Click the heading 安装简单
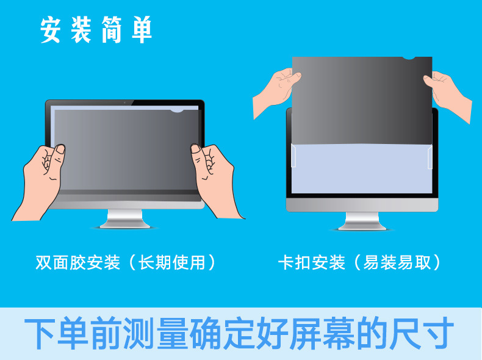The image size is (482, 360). [96, 30]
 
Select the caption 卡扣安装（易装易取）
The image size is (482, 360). [360, 262]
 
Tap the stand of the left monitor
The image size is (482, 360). [124, 218]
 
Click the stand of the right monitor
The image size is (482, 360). [362, 221]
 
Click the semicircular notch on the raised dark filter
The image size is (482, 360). [408, 59]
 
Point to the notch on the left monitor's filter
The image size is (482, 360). [177, 111]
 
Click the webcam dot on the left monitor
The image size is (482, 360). [124, 102]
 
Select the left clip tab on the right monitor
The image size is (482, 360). [293, 156]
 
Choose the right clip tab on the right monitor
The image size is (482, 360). [430, 157]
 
